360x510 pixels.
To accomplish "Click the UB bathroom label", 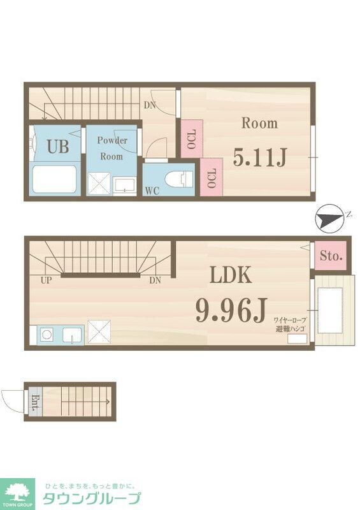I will click(57, 147).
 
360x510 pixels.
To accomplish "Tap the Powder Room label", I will click(112, 149).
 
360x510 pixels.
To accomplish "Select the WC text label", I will click(152, 190).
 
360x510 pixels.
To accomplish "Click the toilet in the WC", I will click(179, 178).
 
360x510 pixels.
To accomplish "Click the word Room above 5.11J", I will click(259, 123).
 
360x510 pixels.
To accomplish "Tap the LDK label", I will click(232, 275).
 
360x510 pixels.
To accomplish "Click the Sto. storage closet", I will click(331, 256).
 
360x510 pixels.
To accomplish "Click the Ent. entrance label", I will click(34, 402).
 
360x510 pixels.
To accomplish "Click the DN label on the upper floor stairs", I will click(149, 105).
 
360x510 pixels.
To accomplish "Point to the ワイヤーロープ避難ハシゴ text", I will click(291, 324).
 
